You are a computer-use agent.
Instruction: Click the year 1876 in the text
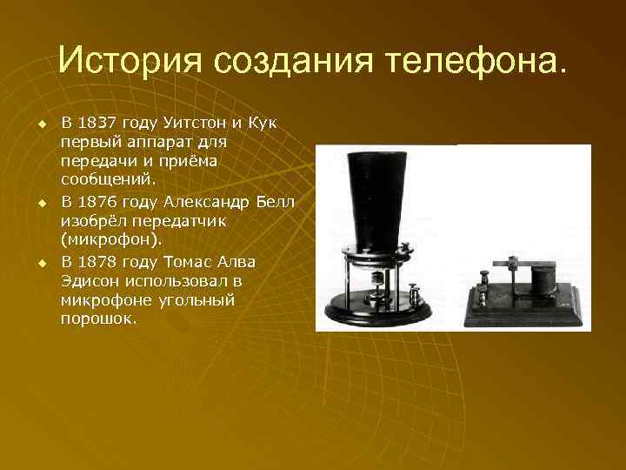click(x=103, y=202)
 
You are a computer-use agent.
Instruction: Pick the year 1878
click(x=103, y=262)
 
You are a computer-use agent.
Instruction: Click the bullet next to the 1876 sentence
click(x=40, y=203)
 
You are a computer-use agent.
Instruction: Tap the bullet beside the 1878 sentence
click(x=40, y=263)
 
